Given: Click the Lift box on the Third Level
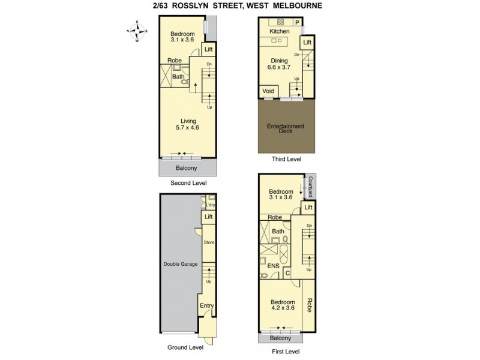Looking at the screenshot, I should pyautogui.click(x=307, y=43).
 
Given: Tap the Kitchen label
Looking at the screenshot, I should pyautogui.click(x=279, y=31).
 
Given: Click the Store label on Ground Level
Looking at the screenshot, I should pyautogui.click(x=209, y=242).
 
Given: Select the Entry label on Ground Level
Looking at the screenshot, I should pyautogui.click(x=207, y=306).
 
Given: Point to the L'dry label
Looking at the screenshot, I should pyautogui.click(x=211, y=205).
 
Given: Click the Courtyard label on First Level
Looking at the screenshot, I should pyautogui.click(x=311, y=187).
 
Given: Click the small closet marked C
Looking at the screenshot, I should pyautogui.click(x=288, y=274).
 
